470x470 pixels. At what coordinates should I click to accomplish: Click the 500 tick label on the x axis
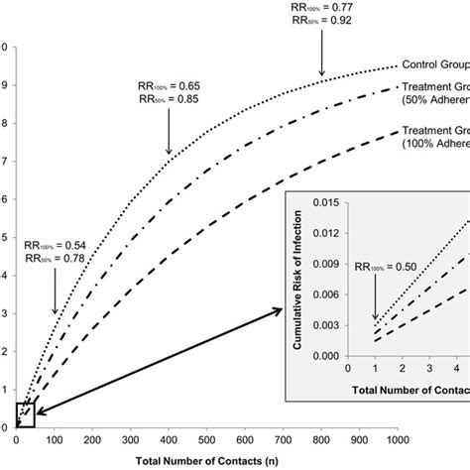coord(206,439)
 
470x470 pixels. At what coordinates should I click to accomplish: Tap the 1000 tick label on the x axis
coord(397,439)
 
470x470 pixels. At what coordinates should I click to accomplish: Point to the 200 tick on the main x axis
coord(92,439)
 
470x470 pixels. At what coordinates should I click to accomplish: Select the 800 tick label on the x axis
coord(320,439)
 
